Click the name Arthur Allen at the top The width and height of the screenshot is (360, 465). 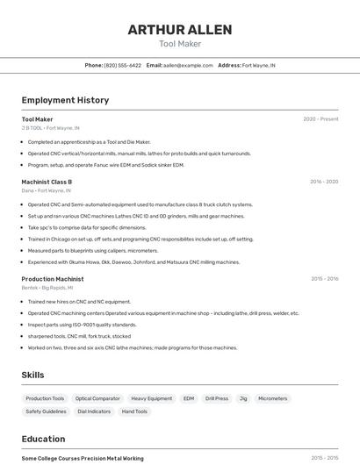[180, 30]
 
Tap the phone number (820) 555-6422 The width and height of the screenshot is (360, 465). [122, 65]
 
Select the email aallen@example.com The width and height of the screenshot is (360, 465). [188, 65]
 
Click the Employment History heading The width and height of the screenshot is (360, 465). [65, 100]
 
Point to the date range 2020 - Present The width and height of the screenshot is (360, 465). [320, 119]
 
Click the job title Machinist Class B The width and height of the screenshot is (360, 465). [47, 182]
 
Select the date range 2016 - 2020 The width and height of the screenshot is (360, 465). [323, 182]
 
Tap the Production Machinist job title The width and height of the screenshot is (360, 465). [53, 279]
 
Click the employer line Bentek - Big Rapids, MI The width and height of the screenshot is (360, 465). [47, 288]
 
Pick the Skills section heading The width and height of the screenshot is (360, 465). [33, 376]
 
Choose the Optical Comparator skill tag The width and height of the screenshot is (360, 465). [97, 398]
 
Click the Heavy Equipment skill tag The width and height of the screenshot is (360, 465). [151, 398]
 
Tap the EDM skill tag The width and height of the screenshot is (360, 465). [189, 398]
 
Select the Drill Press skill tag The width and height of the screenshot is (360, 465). [217, 398]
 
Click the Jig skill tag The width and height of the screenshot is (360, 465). [243, 398]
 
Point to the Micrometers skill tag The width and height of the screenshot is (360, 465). [272, 398]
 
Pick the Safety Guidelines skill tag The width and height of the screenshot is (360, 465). [46, 411]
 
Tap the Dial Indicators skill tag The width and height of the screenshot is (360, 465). [94, 411]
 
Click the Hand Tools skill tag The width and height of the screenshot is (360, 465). [134, 411]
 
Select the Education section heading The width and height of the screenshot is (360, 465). [44, 439]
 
